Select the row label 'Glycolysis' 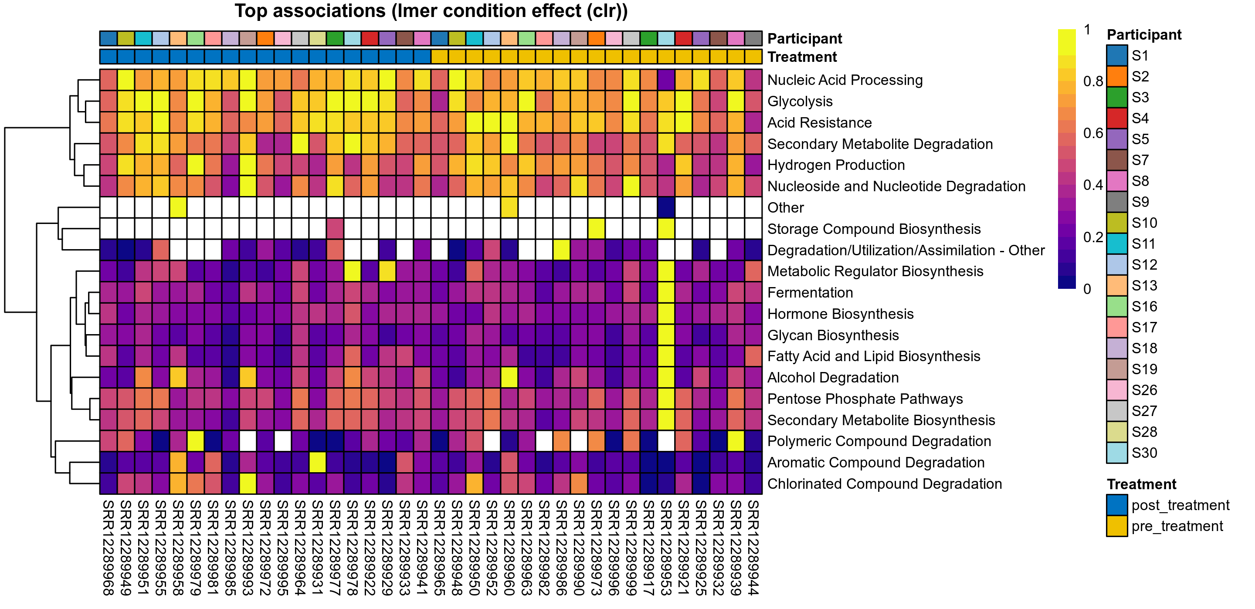coord(800,101)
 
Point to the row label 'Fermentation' coord(810,293)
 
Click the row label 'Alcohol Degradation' coord(833,378)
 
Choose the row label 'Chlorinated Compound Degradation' coord(884,484)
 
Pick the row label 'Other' coord(785,207)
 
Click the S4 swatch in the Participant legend coord(1116,118)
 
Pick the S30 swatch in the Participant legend coord(1116,453)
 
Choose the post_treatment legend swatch coord(1116,505)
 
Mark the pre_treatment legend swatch coord(1116,526)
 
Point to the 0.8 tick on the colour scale coord(1093,81)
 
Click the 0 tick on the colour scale coord(1087,289)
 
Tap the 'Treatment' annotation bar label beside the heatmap coord(802,57)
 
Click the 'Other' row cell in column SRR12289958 coord(178,207)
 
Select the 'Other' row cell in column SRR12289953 coord(666,207)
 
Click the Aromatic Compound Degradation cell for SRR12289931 coord(318,462)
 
